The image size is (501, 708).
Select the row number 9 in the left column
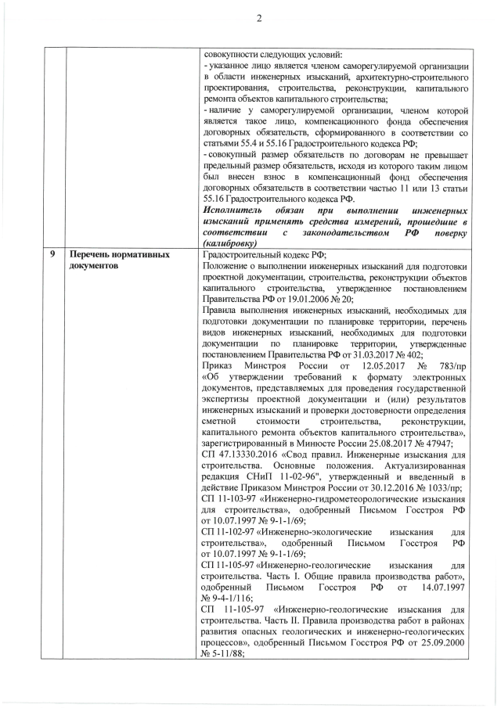[x=52, y=254]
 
